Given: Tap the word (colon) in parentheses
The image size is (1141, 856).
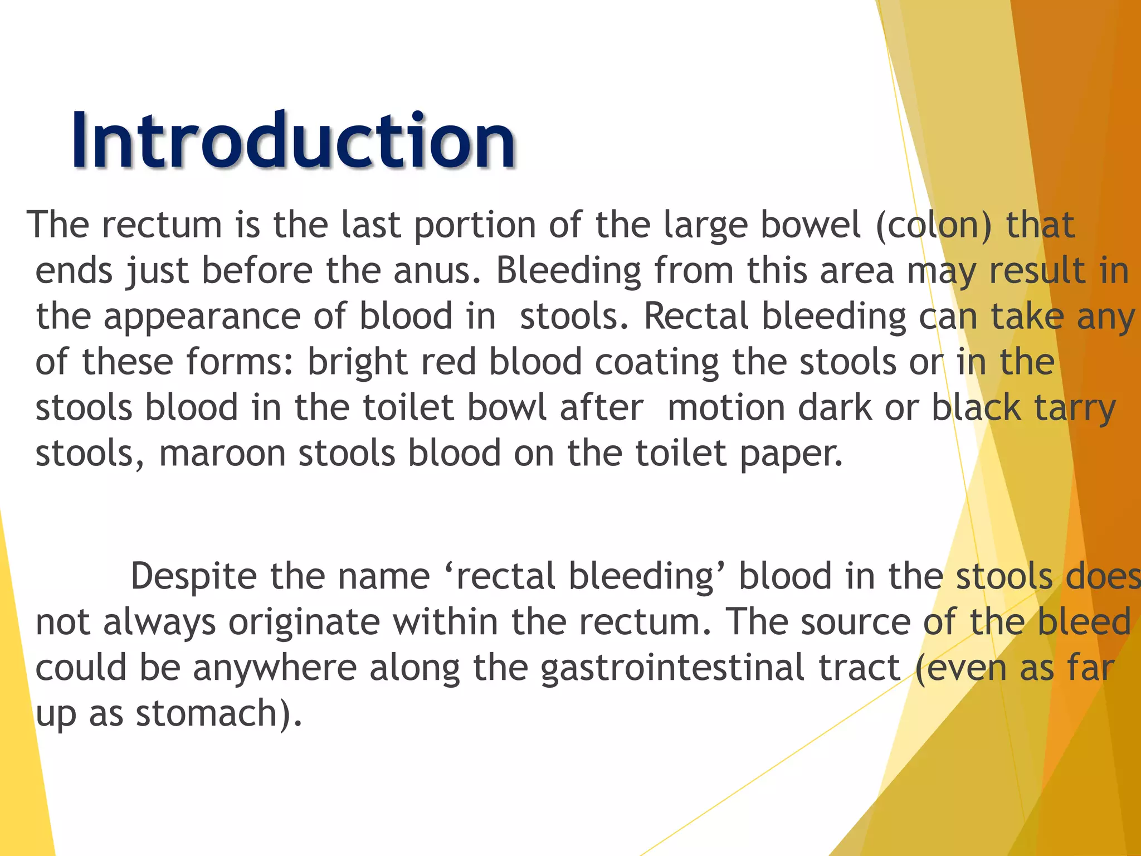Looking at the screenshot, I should pyautogui.click(x=934, y=225).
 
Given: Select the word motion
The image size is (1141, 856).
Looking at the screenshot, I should pyautogui.click(x=726, y=408).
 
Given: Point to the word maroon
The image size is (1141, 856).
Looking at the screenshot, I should pyautogui.click(x=222, y=454).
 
